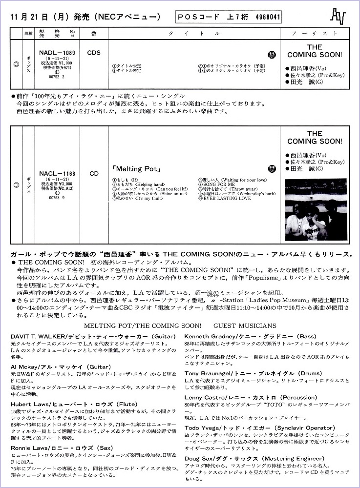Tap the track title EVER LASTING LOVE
point(224,199)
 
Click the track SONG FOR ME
point(216,184)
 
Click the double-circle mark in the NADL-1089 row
point(16,64)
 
